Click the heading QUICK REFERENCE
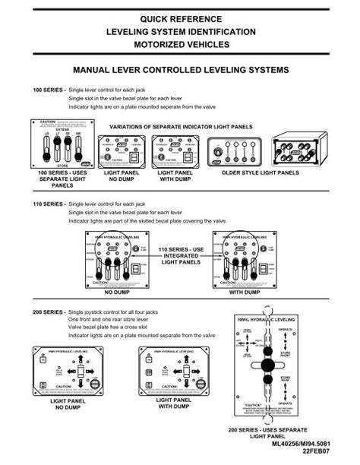pyautogui.click(x=180, y=18)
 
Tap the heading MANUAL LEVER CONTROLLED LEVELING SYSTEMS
pyautogui.click(x=181, y=69)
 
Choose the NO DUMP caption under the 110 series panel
pyautogui.click(x=118, y=291)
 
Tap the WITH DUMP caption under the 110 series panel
pyautogui.click(x=244, y=291)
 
